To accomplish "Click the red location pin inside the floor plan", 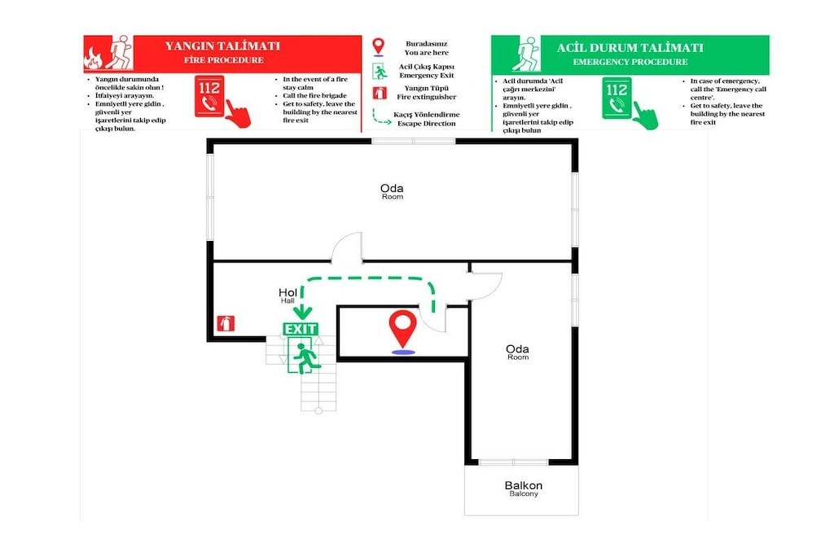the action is point(402,330).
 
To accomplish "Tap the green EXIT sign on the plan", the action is point(301,329).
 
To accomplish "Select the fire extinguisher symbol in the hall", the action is point(226,323).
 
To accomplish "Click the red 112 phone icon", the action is point(209,96).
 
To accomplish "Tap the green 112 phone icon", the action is point(617,98).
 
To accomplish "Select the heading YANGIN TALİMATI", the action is point(222,46).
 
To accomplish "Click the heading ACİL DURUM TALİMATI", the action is point(630,48).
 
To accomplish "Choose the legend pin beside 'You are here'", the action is point(378,46).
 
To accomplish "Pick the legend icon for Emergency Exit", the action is point(380,71).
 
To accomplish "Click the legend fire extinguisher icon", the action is point(380,93).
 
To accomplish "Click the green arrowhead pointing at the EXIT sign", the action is point(302,312).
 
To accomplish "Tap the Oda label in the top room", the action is point(392,188).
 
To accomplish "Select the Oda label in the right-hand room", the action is point(517,349).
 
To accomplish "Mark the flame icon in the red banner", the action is point(93,59).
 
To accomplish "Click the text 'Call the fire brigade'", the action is point(314,96).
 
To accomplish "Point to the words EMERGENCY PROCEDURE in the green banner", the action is point(630,62).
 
